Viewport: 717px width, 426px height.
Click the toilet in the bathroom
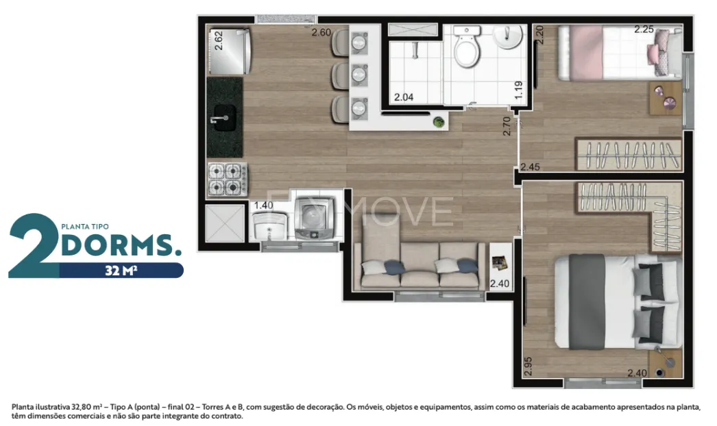tap(467, 47)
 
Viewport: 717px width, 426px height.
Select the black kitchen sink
tap(225, 118)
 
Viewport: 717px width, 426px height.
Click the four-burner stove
tap(228, 179)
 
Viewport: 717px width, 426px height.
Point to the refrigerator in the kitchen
tap(230, 51)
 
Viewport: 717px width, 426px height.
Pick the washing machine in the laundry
tap(314, 218)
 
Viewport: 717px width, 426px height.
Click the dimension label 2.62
tap(219, 40)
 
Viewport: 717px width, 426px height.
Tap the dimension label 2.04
tap(404, 97)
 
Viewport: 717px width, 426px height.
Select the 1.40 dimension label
tap(263, 205)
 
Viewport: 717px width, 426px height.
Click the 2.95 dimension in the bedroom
tap(528, 366)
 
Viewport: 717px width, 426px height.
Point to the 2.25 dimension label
tap(644, 29)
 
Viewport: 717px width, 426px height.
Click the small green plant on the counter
tap(439, 122)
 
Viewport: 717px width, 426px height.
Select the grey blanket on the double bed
tap(587, 301)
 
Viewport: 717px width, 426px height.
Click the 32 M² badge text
tap(121, 271)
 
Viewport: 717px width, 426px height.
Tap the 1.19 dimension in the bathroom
tap(518, 90)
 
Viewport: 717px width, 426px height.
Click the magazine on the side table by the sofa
tap(500, 262)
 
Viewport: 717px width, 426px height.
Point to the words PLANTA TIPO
tap(85, 226)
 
